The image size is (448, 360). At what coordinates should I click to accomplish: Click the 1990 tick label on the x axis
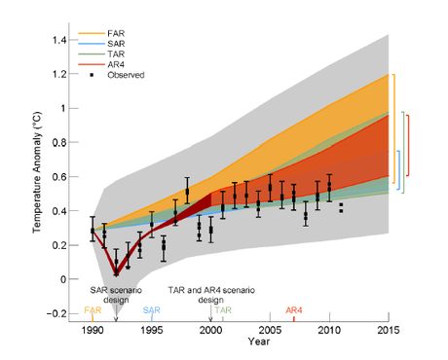tap(93, 331)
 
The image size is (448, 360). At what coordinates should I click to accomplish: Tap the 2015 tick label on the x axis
tap(390, 331)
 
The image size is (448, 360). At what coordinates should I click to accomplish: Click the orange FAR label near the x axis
tap(92, 310)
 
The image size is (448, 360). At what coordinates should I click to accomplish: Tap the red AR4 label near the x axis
tap(293, 310)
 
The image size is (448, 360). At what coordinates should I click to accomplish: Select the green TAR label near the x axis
tap(223, 310)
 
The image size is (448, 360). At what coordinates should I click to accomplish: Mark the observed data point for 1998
tap(187, 192)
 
